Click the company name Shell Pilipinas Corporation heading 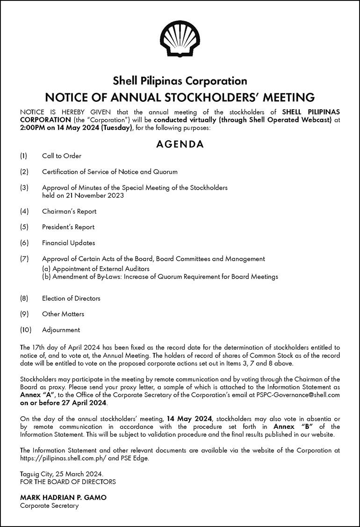180,81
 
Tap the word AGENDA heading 180,144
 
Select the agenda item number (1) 24,156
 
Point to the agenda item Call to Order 61,156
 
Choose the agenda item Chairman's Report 69,211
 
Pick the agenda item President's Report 68,227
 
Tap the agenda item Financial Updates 68,243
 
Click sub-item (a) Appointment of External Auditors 95,269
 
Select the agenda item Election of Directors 71,298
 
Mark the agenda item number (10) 26,330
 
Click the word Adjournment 61,330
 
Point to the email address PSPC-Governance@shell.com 299,395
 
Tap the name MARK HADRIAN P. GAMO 63,498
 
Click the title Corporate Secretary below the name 49,506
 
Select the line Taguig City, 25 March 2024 58,474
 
